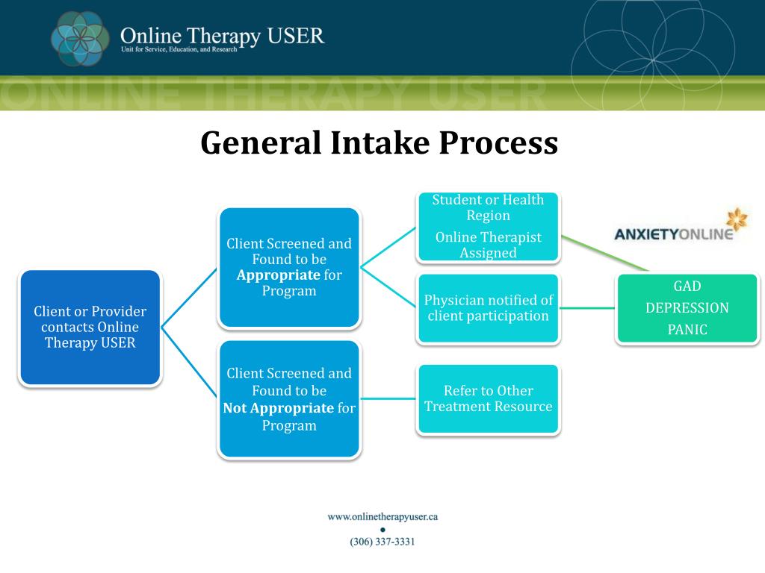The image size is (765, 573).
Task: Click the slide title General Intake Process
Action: pos(379,143)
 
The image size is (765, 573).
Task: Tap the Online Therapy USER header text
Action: pos(223,35)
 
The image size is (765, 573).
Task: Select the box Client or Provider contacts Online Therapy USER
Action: pos(90,328)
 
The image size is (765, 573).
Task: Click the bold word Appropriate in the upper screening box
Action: pos(279,275)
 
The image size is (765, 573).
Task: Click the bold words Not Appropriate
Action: pos(278,408)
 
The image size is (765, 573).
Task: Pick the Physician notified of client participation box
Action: pos(489,307)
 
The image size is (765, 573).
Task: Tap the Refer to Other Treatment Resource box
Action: pos(489,398)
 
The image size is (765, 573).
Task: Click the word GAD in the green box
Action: pos(687,286)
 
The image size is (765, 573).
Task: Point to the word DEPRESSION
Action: pos(687,308)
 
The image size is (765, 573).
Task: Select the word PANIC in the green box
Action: pos(687,330)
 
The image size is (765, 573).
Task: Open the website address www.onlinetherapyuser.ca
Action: pos(382,516)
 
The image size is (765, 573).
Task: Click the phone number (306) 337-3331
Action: pos(382,542)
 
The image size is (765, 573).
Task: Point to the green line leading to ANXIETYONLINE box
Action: pos(605,254)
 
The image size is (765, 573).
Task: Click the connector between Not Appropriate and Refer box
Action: pos(388,398)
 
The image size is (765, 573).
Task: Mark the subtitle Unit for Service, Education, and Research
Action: pos(179,49)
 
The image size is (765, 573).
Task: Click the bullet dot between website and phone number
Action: pos(382,529)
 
